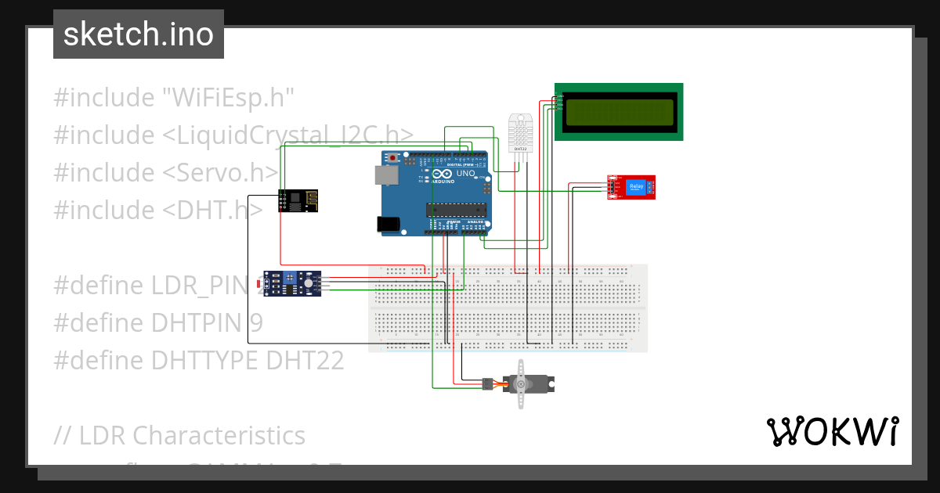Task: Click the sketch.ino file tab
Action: coord(139,34)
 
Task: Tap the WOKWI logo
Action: coord(831,431)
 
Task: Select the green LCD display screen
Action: coord(619,111)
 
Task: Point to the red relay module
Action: coord(631,187)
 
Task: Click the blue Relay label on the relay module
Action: coord(635,186)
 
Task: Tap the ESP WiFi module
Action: coord(291,200)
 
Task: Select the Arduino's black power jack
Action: coord(389,225)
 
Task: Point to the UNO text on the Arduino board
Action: coord(466,175)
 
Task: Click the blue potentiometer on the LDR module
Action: coord(292,277)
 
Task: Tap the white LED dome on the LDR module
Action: coord(309,282)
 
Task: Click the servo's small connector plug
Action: coord(487,383)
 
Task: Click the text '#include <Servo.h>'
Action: coord(166,173)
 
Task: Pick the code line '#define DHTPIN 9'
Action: coord(158,323)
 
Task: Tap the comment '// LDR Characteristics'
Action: coord(179,435)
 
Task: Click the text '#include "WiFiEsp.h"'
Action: coord(173,98)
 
